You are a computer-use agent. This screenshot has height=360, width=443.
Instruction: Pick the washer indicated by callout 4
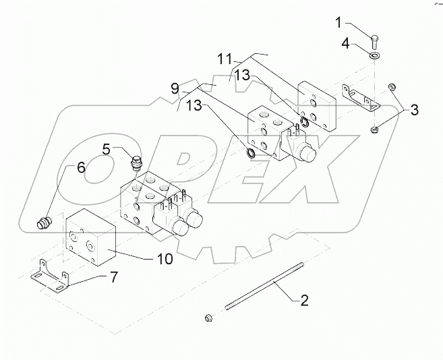374,54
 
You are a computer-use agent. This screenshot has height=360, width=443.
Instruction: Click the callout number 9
176,88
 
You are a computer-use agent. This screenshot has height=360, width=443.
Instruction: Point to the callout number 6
81,169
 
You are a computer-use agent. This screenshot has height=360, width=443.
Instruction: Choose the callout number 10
165,259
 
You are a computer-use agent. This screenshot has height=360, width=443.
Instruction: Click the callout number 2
304,301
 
